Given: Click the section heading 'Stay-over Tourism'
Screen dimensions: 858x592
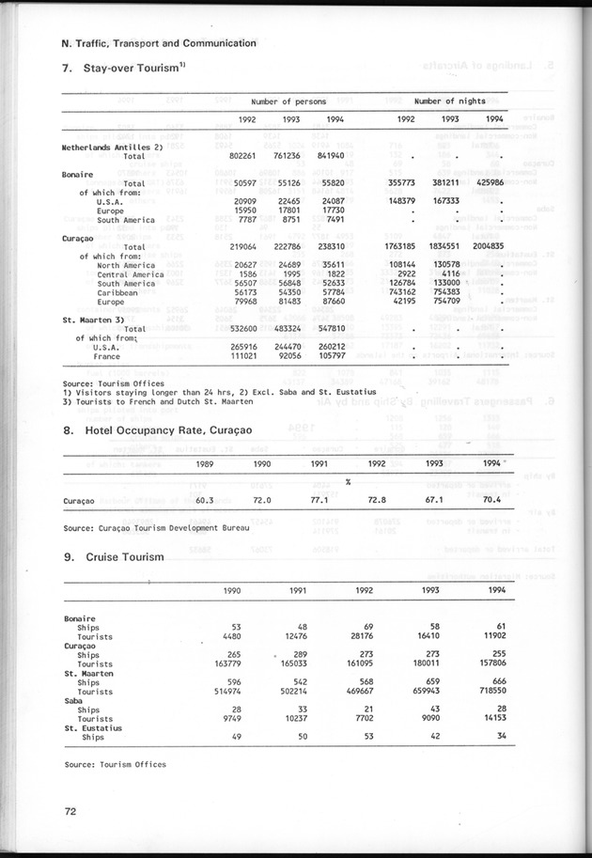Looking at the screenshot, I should point(126,69).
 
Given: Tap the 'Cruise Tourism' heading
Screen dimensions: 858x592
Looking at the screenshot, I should point(124,557).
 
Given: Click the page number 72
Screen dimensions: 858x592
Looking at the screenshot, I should point(70,810).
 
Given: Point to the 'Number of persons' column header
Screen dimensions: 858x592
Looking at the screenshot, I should point(288,101).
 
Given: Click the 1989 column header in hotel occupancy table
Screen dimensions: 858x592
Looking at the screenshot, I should point(203,463).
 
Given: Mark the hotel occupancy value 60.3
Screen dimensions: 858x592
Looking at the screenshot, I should point(198,501).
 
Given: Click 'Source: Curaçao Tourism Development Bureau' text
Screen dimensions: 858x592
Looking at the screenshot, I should point(156,528).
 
